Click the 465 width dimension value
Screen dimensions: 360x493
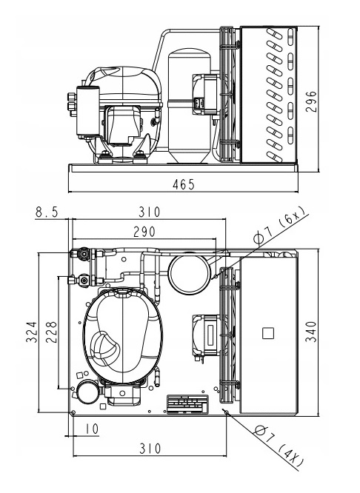coord(184,184)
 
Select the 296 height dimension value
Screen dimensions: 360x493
coord(311,101)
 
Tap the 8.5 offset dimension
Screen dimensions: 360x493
coord(47,212)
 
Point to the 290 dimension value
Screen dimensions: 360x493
coord(144,232)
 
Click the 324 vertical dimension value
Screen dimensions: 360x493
coord(31,332)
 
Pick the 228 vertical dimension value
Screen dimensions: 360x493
coord(51,332)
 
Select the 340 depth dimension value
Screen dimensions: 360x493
coord(311,332)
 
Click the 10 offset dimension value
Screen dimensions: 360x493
coord(92,429)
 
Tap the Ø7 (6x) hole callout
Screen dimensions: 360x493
coord(279,226)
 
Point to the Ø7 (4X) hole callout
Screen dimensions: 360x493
coord(279,446)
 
